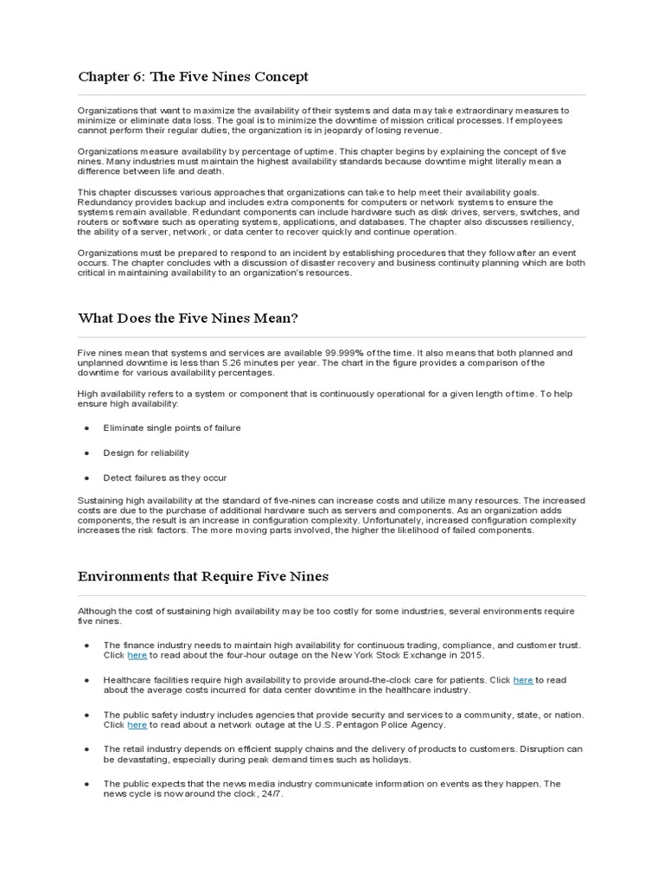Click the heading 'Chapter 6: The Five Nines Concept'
(193, 77)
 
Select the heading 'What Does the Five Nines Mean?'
(188, 318)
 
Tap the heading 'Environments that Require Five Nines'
(203, 576)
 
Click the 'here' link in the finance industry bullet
(137, 656)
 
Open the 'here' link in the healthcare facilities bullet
(523, 680)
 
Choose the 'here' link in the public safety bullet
(137, 725)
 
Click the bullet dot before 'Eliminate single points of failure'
(86, 428)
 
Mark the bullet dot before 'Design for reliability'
(86, 453)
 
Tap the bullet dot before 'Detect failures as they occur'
(86, 478)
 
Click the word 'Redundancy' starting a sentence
(104, 202)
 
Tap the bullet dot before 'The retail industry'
(86, 749)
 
